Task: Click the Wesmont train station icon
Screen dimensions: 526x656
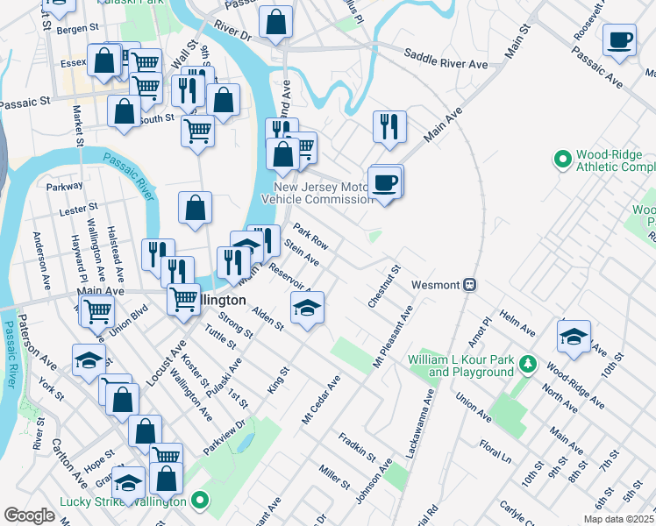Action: click(x=470, y=284)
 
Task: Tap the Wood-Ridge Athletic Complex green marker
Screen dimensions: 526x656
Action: click(x=563, y=160)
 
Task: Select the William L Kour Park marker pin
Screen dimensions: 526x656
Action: click(x=527, y=362)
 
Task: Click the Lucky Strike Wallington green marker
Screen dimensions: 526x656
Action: click(x=200, y=501)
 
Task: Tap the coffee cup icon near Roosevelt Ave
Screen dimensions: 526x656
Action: click(x=619, y=40)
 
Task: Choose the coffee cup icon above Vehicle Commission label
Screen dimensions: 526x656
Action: click(x=385, y=182)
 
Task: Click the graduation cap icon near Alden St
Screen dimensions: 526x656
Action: click(x=307, y=308)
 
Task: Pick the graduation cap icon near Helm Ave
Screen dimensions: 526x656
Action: click(x=574, y=336)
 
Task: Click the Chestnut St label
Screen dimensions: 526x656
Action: click(x=384, y=285)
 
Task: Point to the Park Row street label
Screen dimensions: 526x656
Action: click(x=310, y=236)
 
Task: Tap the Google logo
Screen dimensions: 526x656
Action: click(x=29, y=515)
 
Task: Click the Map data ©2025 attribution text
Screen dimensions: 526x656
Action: click(x=618, y=519)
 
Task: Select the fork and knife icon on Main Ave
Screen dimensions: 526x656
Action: click(x=389, y=125)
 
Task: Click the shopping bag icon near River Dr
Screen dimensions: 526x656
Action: click(x=276, y=25)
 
